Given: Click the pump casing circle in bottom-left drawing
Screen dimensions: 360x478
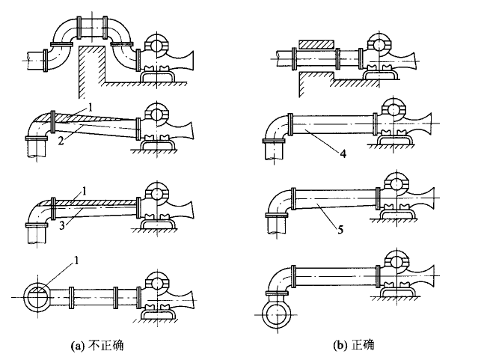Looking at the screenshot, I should click(157, 281).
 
